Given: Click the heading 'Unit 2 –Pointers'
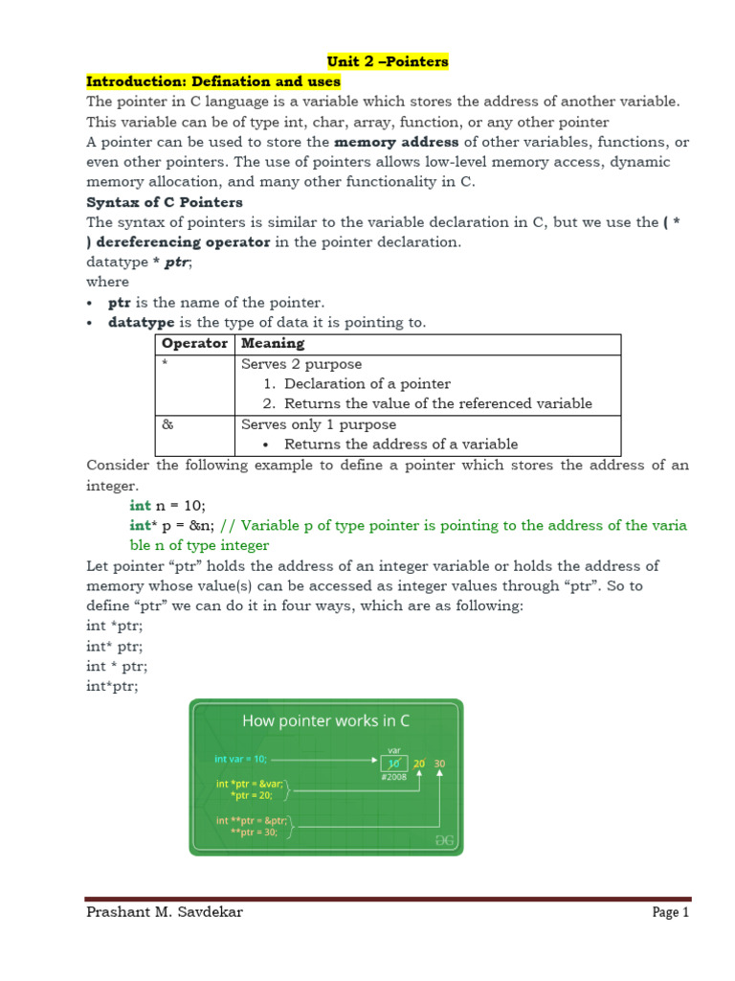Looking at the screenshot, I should pyautogui.click(x=388, y=61).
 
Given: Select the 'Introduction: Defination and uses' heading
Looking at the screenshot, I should pyautogui.click(x=213, y=81).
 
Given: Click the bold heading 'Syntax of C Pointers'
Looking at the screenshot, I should pyautogui.click(x=165, y=202).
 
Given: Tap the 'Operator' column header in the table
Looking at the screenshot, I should pyautogui.click(x=194, y=343).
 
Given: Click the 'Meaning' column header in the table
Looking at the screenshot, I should pyautogui.click(x=273, y=343).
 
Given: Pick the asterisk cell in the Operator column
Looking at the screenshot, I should pyautogui.click(x=165, y=364).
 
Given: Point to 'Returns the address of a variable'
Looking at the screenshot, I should pyautogui.click(x=401, y=444).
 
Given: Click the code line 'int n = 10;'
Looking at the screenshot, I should pyautogui.click(x=167, y=505).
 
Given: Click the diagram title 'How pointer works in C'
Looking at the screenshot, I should pyautogui.click(x=326, y=720).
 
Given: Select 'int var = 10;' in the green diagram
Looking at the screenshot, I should pyautogui.click(x=241, y=759).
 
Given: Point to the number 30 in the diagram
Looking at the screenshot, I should pyautogui.click(x=439, y=764).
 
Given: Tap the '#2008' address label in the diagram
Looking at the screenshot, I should pyautogui.click(x=393, y=777).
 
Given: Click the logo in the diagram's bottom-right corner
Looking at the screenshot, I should pyautogui.click(x=445, y=840).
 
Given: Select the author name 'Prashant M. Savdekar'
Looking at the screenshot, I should pyautogui.click(x=164, y=912).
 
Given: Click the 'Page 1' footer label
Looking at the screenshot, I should pyautogui.click(x=670, y=913).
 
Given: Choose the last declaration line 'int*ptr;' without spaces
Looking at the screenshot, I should pyautogui.click(x=112, y=686).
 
